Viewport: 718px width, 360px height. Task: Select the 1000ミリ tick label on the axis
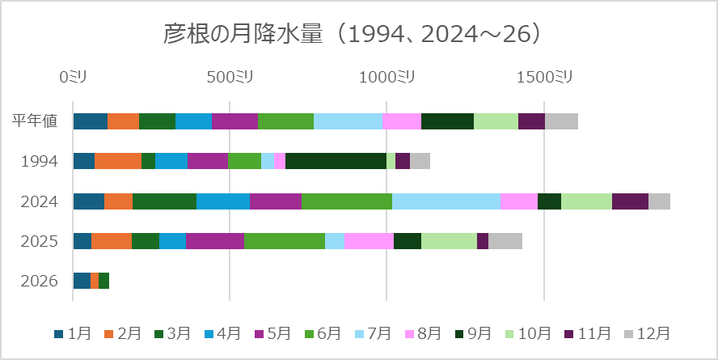click(x=386, y=77)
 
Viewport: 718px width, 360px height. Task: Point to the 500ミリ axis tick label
click(x=230, y=77)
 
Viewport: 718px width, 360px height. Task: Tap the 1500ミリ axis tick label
click(x=543, y=77)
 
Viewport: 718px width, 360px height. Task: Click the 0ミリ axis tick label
click(x=73, y=77)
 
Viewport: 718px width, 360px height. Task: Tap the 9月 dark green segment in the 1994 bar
click(x=336, y=161)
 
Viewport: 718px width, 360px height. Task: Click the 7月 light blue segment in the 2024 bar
click(x=446, y=201)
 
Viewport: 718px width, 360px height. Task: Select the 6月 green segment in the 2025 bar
click(x=285, y=241)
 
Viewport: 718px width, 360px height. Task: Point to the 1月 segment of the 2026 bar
click(x=82, y=281)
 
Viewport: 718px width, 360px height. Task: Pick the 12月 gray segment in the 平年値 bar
click(x=561, y=121)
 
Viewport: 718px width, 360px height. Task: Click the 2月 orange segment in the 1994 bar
click(x=118, y=161)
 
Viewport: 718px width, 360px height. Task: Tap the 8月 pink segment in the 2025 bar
click(x=369, y=241)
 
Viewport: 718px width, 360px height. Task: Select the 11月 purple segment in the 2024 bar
click(x=630, y=201)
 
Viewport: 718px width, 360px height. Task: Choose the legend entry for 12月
click(x=647, y=333)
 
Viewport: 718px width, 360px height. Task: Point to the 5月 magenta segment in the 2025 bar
click(x=215, y=241)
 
